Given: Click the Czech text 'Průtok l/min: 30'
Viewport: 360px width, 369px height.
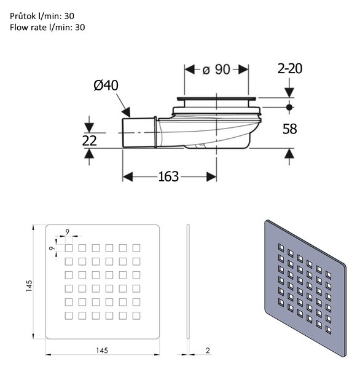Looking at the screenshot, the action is [x=42, y=16].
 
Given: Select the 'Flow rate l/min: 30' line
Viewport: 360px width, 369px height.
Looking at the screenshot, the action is [x=47, y=27].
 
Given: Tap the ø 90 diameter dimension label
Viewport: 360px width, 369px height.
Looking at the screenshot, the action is [x=216, y=69].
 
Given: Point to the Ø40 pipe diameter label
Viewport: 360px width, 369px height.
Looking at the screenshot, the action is [x=106, y=85].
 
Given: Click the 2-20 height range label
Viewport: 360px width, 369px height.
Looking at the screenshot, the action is [x=290, y=69].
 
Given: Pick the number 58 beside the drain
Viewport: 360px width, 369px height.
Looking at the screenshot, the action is [x=290, y=129].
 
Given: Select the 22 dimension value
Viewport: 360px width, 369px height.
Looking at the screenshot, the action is [x=89, y=141].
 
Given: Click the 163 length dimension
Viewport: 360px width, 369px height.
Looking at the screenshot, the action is [x=168, y=177].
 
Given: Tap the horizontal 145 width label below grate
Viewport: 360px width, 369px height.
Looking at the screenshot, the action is [x=102, y=351].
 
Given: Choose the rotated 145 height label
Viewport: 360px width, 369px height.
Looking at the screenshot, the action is [x=29, y=286].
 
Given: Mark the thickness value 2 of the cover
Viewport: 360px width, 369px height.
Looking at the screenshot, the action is [x=208, y=351].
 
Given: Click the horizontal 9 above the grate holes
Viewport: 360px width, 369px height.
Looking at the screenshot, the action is [x=68, y=232].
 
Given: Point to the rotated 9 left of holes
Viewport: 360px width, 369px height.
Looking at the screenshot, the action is [x=52, y=248].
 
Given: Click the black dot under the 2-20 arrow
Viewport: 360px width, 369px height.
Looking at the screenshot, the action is [x=289, y=107].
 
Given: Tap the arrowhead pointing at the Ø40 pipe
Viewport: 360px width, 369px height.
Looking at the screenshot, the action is [x=127, y=112].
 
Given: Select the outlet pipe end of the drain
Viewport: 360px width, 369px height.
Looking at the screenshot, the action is [x=139, y=133].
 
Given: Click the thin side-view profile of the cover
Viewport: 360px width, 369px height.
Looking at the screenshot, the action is [x=188, y=282].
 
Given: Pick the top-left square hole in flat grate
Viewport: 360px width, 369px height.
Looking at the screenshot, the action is [x=69, y=248].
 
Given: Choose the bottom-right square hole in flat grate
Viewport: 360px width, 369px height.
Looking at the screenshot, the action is [x=136, y=315].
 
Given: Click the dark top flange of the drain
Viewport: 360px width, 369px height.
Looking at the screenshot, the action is [x=216, y=99].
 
